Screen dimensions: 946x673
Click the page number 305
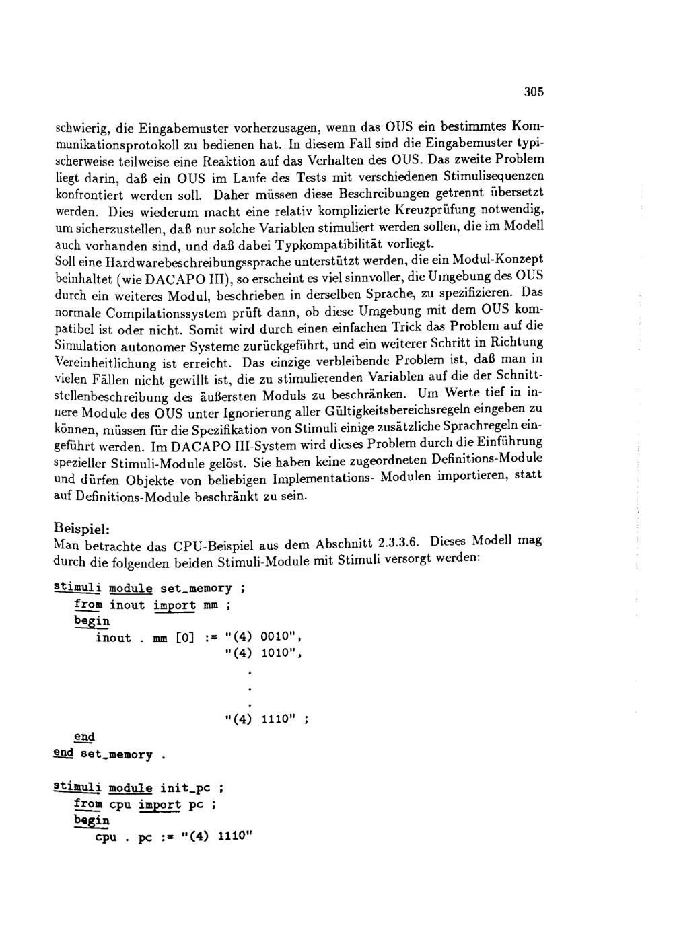point(533,92)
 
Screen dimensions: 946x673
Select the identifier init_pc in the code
point(187,787)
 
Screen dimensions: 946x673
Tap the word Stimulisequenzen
point(489,176)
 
